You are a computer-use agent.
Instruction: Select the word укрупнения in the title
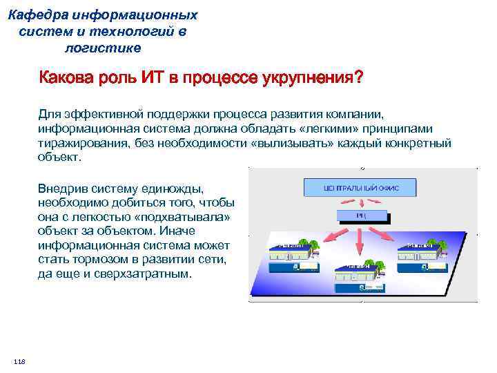pos(310,78)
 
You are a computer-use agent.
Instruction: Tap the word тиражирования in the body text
pos(78,144)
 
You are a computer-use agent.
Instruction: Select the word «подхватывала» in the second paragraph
pos(187,217)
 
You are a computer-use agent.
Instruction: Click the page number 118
pos(19,363)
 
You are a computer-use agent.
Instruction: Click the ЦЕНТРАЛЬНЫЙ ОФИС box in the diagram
pos(361,187)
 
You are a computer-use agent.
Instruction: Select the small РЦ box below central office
pos(361,216)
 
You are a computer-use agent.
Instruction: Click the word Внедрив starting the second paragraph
pos(62,188)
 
